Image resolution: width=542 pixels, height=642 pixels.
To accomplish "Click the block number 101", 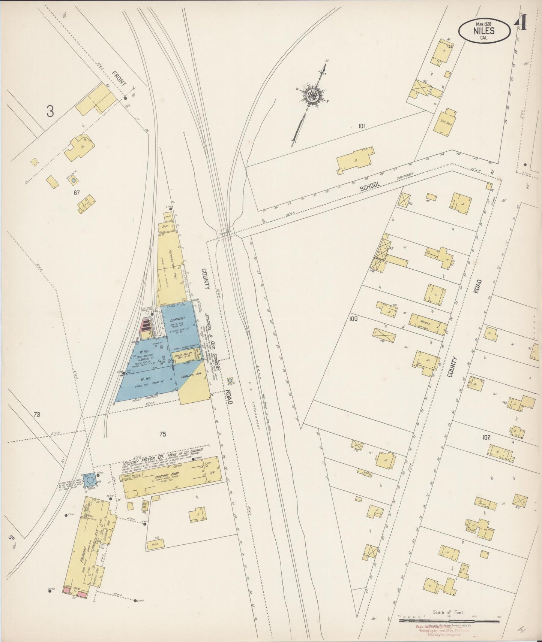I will pos(361,126).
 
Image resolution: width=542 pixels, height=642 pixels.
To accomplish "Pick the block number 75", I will pos(162,434).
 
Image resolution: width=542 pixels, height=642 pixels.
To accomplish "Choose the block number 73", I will pos(36,415).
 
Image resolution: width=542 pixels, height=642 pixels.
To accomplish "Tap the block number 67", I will pos(77,193).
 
